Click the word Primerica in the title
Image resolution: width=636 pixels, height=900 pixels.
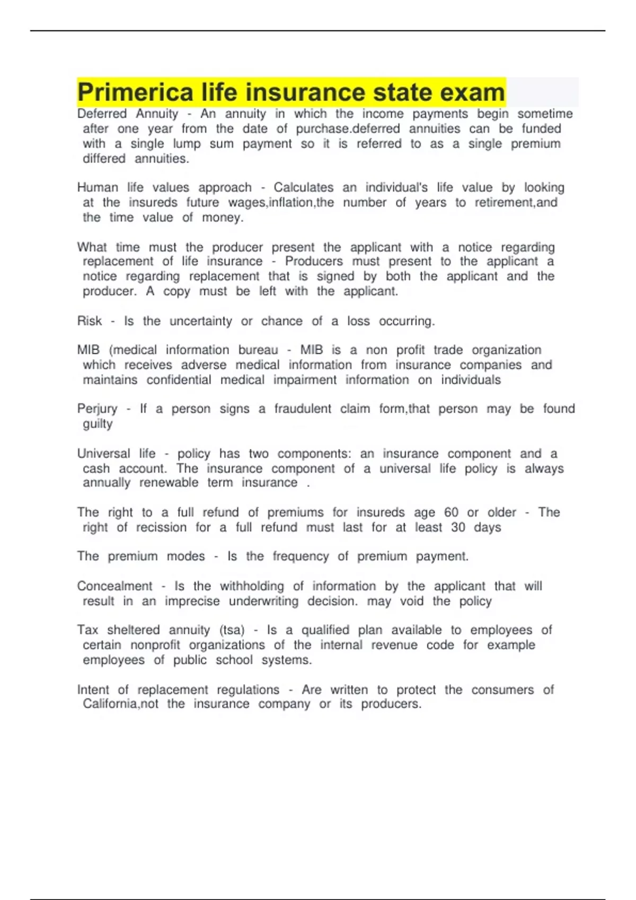click(x=135, y=93)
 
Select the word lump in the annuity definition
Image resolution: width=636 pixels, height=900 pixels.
click(x=187, y=143)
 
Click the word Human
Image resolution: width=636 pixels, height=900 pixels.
click(x=98, y=187)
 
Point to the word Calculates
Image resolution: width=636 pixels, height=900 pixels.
click(x=303, y=187)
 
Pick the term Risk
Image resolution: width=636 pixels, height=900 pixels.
click(x=90, y=321)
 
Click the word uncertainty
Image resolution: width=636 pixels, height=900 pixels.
click(x=201, y=321)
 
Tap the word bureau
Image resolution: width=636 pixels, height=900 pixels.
click(x=258, y=350)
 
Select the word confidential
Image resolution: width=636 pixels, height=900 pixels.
click(x=179, y=380)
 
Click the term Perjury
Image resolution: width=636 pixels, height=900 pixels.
click(x=97, y=409)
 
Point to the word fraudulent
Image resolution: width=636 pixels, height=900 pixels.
click(x=303, y=409)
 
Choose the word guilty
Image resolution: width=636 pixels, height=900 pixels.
click(x=98, y=424)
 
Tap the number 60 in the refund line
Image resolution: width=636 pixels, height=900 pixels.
click(x=451, y=512)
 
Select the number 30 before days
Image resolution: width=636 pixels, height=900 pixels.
click(x=458, y=527)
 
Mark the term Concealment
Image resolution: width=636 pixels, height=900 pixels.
click(x=114, y=586)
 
